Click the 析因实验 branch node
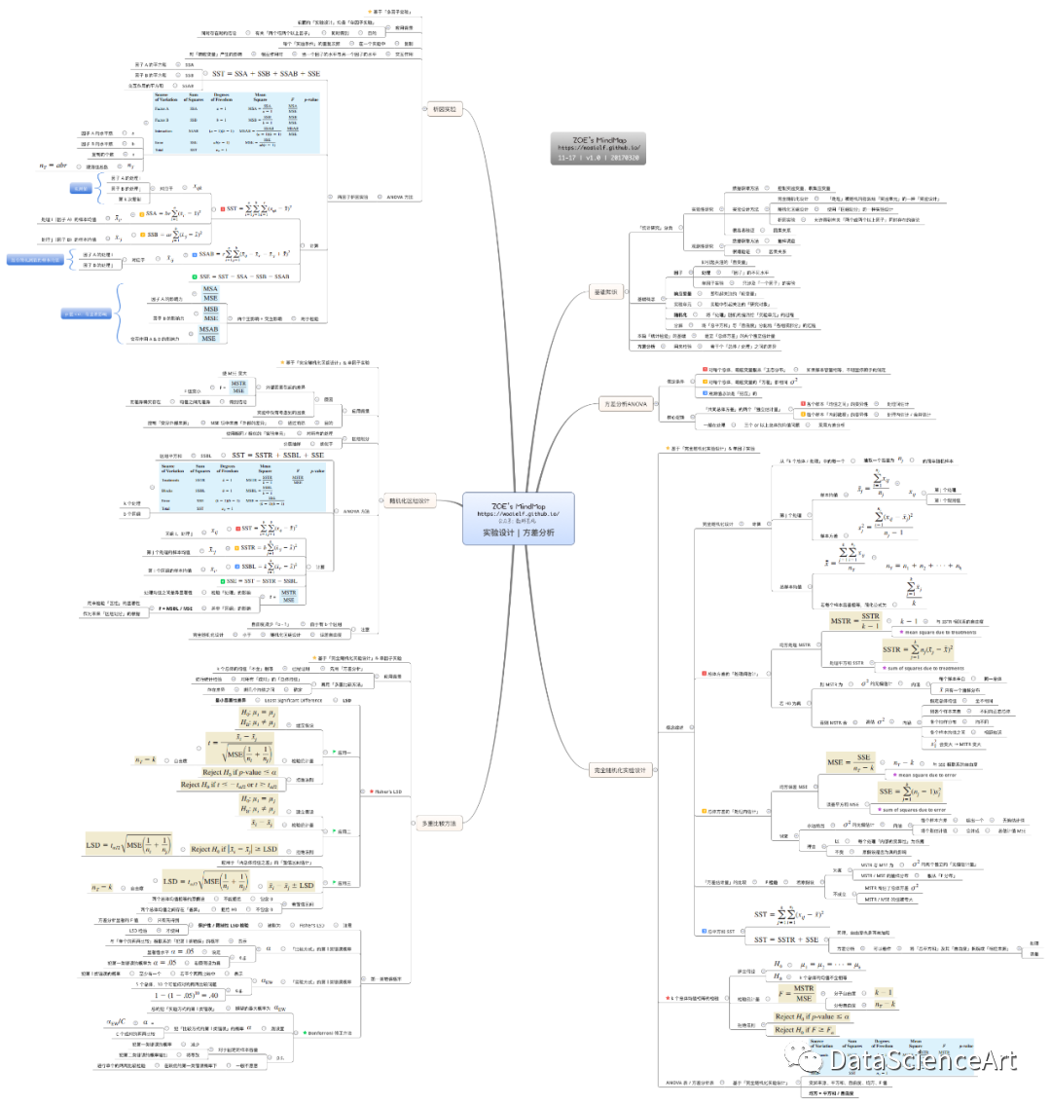tap(444, 108)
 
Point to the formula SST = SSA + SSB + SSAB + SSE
tap(266, 75)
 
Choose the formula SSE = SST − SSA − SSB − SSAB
tap(254, 277)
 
